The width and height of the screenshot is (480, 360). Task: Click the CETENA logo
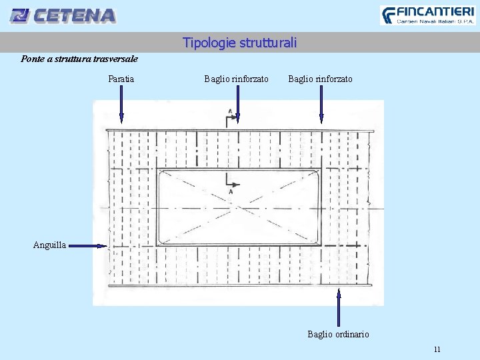(64, 15)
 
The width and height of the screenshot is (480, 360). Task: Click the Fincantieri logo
(427, 15)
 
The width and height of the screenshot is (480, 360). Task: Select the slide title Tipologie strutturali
(239, 43)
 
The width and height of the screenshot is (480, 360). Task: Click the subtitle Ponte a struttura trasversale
(79, 59)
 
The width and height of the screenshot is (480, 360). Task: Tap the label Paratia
(121, 79)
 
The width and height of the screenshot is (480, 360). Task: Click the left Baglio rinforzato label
(236, 79)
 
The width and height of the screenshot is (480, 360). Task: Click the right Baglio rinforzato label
(320, 79)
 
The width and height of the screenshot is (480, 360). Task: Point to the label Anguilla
(49, 245)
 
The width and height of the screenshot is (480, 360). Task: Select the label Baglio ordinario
(338, 334)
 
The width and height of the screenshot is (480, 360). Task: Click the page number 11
(437, 349)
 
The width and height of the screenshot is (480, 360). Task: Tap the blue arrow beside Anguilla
(87, 245)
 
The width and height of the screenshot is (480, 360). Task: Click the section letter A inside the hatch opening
(231, 192)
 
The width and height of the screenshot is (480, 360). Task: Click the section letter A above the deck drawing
(230, 111)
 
